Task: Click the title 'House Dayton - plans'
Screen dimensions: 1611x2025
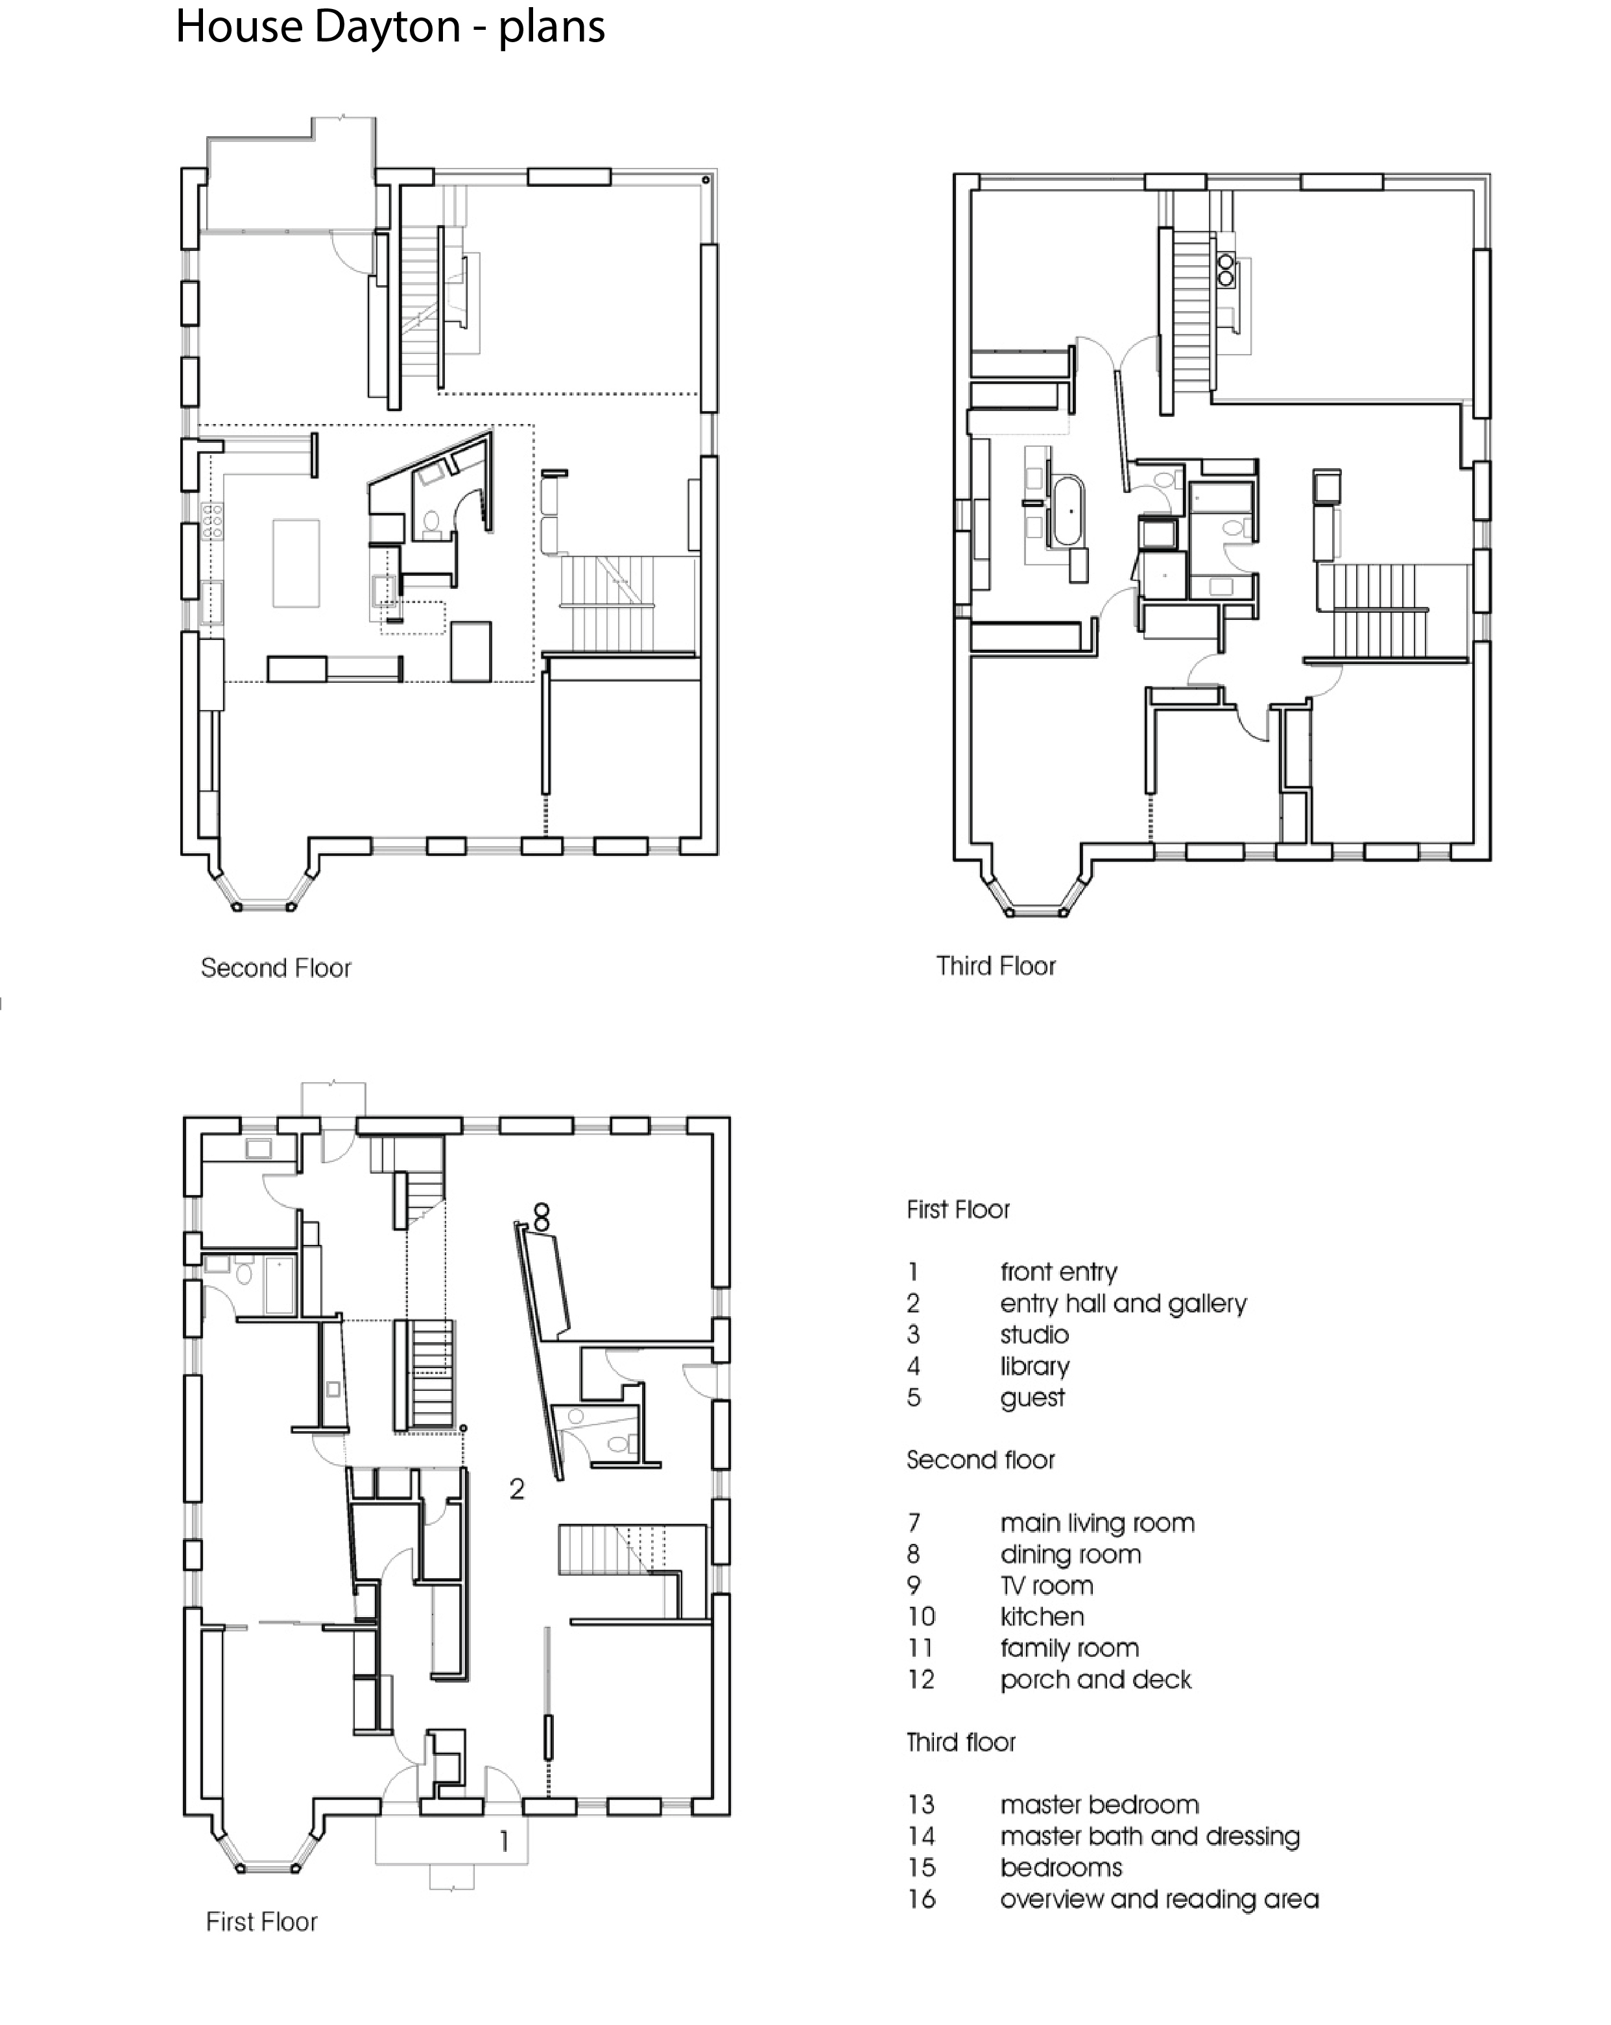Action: coord(390,27)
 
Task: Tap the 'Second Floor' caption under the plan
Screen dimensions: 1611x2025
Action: coord(276,967)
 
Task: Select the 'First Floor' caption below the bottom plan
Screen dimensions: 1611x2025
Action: coord(262,1922)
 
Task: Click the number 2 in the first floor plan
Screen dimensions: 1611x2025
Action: coord(517,1489)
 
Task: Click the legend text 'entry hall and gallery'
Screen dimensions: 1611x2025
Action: coord(1123,1304)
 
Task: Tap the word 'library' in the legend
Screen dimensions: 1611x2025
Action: coord(1035,1367)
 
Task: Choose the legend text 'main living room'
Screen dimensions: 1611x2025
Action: coord(1097,1523)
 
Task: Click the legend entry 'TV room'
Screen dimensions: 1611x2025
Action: coord(1047,1585)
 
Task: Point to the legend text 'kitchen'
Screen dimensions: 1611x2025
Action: coord(1042,1616)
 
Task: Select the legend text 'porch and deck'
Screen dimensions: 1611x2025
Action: coord(1095,1679)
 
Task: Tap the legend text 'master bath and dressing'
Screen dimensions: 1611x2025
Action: coord(1150,1836)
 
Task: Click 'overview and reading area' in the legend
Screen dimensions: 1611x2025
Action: coord(1159,1899)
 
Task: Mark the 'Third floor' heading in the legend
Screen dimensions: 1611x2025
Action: coord(961,1742)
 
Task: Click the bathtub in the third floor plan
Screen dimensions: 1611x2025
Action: coord(1068,512)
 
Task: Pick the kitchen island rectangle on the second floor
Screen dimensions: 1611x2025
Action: coord(296,563)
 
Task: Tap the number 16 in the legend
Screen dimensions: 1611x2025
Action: coord(922,1899)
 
